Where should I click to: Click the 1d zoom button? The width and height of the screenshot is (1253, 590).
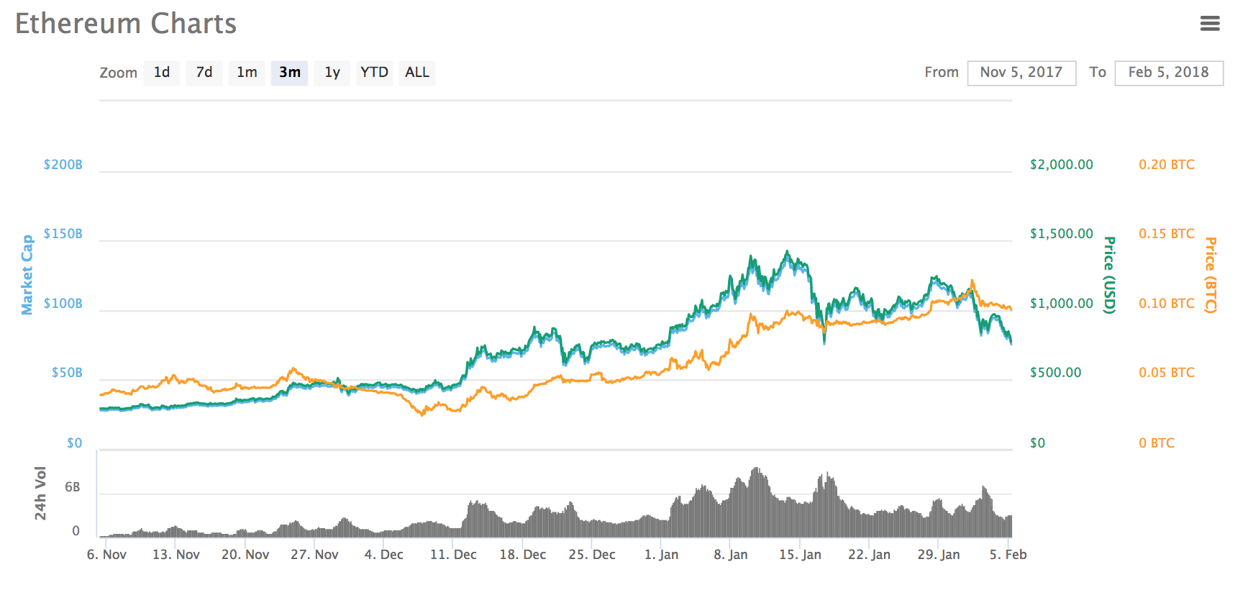[162, 73]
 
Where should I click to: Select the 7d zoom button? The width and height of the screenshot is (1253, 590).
[204, 73]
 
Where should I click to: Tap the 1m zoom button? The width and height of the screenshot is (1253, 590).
[247, 73]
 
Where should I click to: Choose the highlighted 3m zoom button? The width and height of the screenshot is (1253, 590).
[289, 73]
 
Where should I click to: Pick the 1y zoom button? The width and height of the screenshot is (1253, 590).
[332, 73]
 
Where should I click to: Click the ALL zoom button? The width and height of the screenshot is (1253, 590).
[417, 73]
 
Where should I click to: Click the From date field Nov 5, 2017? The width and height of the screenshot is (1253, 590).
[1021, 73]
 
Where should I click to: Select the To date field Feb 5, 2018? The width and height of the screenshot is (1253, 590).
[1169, 73]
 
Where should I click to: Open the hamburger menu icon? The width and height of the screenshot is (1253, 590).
[1210, 24]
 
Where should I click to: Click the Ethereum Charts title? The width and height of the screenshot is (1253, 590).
[126, 24]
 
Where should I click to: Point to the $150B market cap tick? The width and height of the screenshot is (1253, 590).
[63, 234]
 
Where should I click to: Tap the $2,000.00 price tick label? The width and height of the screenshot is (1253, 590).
[1061, 165]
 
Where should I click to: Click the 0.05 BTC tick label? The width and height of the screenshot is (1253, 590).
[1166, 373]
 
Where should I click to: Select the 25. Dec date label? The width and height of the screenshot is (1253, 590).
[592, 555]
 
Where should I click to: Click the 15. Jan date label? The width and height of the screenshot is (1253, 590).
[800, 555]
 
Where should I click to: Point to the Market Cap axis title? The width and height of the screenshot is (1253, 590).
[27, 275]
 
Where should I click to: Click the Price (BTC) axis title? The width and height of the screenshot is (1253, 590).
[1211, 275]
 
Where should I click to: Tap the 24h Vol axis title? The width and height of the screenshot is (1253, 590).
[40, 493]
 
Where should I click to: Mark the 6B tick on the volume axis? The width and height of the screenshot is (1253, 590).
[73, 487]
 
